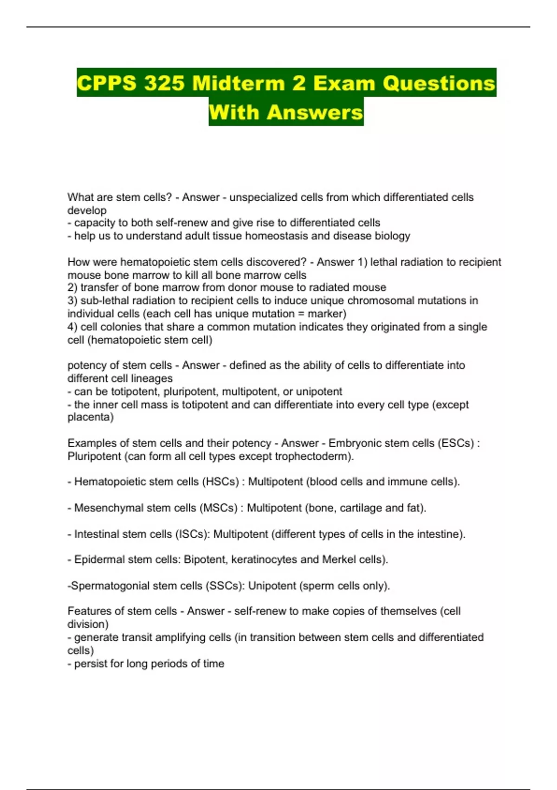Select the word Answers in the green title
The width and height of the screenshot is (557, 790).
tap(315, 112)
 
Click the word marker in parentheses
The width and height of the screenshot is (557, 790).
tap(326, 314)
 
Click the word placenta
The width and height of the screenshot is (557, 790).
tap(90, 417)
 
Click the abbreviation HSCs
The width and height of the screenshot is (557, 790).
tap(220, 481)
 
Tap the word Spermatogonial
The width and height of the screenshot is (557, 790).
tap(110, 586)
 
